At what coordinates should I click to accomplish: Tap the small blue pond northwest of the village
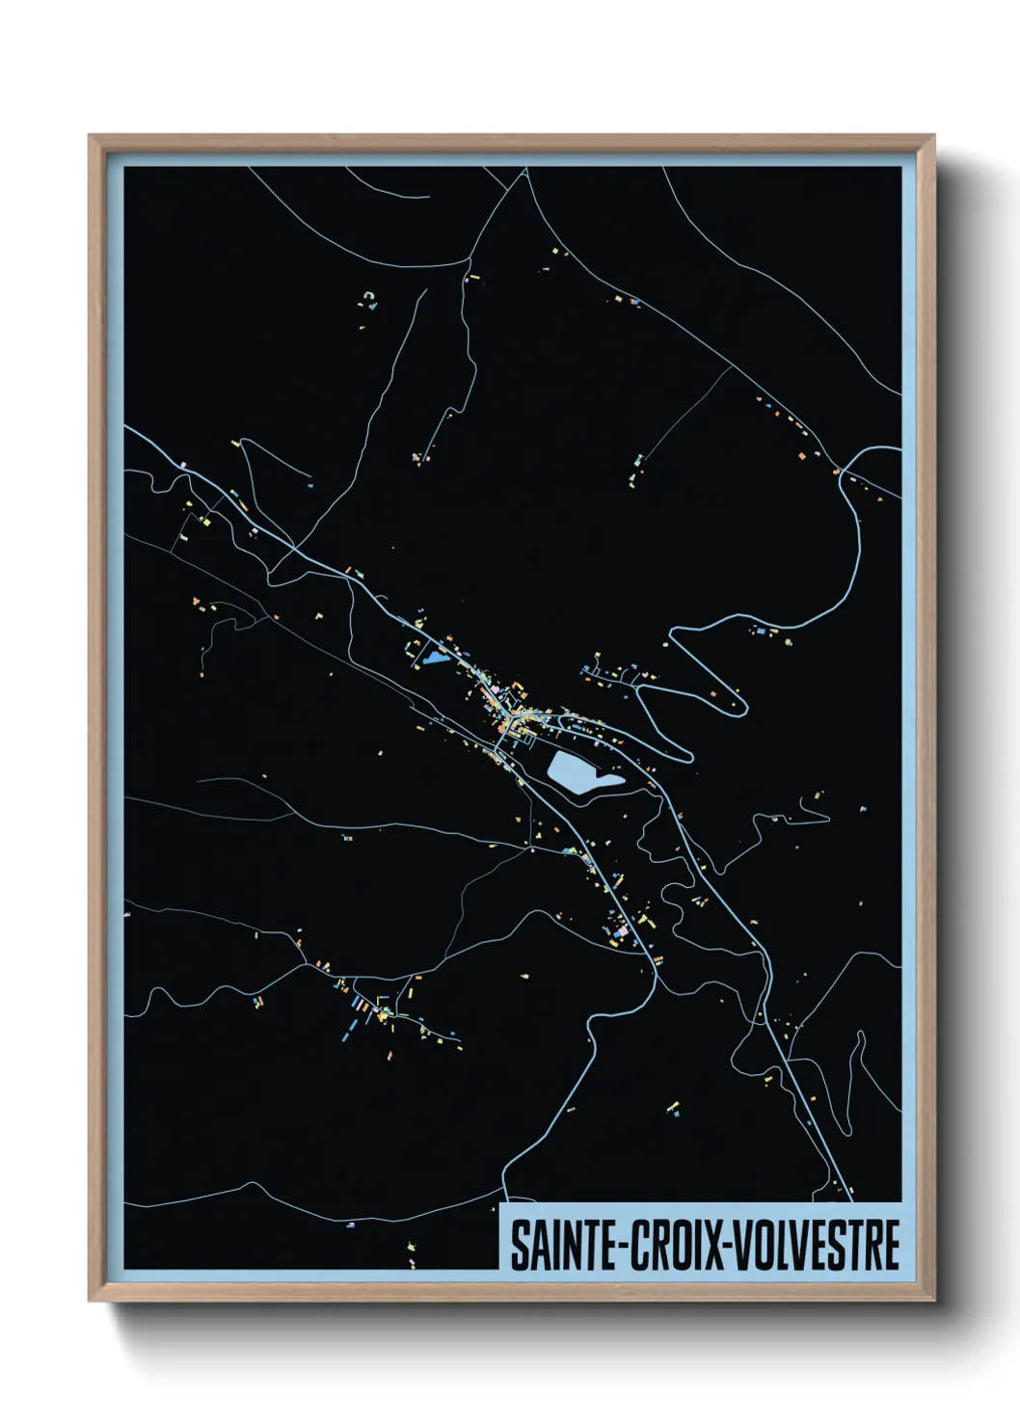[x=433, y=660]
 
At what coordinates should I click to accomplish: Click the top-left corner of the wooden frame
[x=91, y=137]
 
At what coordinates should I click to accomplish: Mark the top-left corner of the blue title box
[x=501, y=1203]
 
